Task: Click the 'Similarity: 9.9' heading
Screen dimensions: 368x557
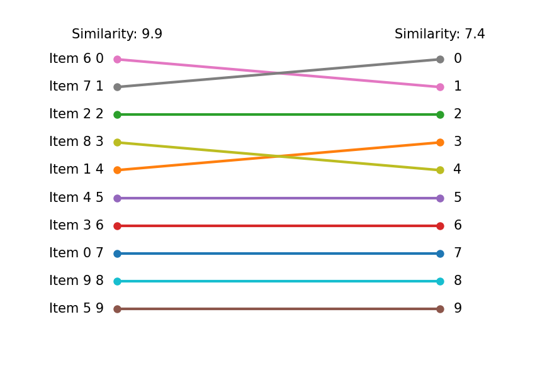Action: pyautogui.click(x=117, y=35)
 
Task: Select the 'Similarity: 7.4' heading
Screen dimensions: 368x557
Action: pyautogui.click(x=439, y=35)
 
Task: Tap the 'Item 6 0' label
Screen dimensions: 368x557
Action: pyautogui.click(x=76, y=59)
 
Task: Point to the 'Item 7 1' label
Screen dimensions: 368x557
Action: pyautogui.click(x=76, y=87)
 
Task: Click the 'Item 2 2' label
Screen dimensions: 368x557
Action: pyautogui.click(x=76, y=114)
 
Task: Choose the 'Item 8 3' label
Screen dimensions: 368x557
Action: pyautogui.click(x=76, y=142)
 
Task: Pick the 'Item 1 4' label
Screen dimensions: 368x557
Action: pyautogui.click(x=76, y=170)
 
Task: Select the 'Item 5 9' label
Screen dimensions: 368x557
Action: pyautogui.click(x=76, y=309)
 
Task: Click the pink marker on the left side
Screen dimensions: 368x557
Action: pyautogui.click(x=117, y=59)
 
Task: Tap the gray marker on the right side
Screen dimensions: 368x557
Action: pyautogui.click(x=440, y=59)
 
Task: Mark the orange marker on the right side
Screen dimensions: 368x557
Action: pyautogui.click(x=440, y=142)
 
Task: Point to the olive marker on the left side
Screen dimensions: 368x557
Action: pyautogui.click(x=117, y=142)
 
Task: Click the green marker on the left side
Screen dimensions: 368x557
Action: pyautogui.click(x=117, y=114)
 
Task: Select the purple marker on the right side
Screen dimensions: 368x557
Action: pyautogui.click(x=440, y=198)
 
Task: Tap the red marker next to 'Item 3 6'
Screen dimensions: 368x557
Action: pyautogui.click(x=117, y=226)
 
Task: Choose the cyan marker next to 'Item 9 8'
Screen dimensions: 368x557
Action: pyautogui.click(x=117, y=281)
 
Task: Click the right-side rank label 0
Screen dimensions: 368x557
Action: pyautogui.click(x=458, y=59)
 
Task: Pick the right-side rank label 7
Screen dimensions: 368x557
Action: pyautogui.click(x=458, y=254)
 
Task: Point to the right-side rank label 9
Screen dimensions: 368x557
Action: pyautogui.click(x=458, y=309)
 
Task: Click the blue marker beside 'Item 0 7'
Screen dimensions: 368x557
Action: pyautogui.click(x=117, y=254)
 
